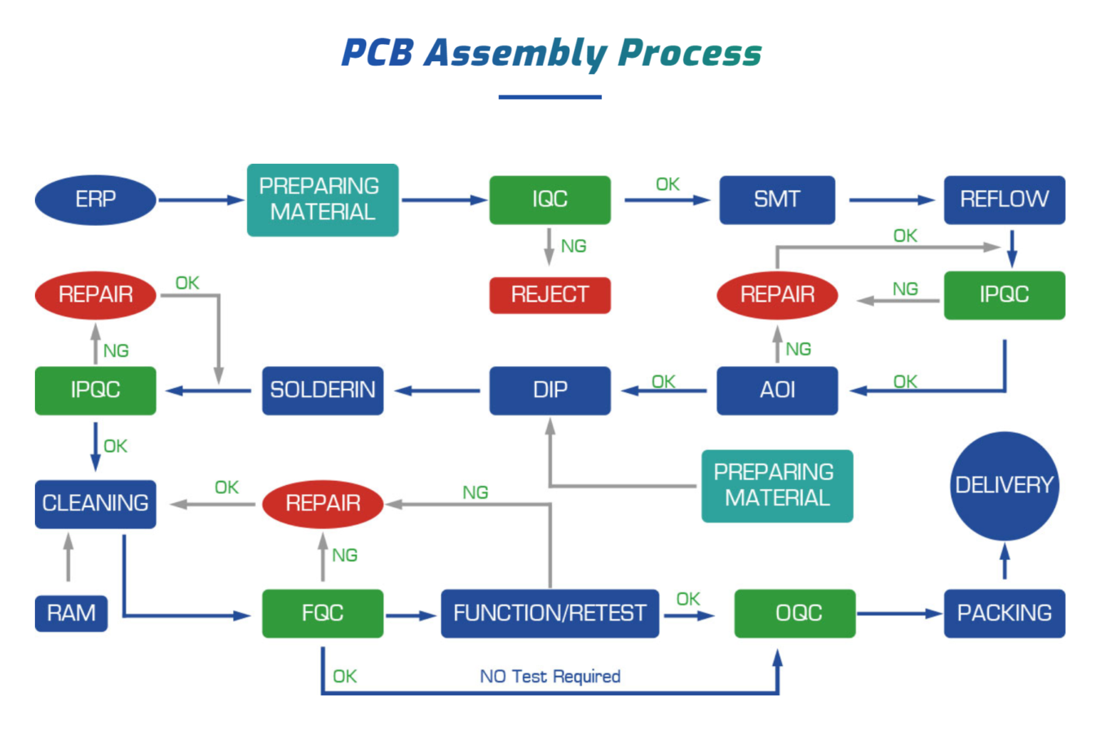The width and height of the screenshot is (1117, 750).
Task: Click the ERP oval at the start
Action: (x=95, y=200)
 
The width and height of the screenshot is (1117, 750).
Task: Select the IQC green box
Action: (x=550, y=200)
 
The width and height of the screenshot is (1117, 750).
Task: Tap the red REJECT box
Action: (x=550, y=294)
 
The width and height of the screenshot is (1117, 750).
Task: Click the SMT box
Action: (x=776, y=200)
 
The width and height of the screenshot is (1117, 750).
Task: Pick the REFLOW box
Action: (x=1004, y=200)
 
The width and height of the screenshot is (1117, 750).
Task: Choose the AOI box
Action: (x=776, y=390)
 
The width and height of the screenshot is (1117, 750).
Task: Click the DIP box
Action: (x=550, y=390)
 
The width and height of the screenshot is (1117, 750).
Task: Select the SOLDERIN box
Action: (x=322, y=390)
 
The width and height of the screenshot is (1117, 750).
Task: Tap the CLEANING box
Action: (x=95, y=504)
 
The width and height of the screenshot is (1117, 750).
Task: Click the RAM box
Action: (x=71, y=613)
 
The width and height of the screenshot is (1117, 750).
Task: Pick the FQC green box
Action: (x=322, y=613)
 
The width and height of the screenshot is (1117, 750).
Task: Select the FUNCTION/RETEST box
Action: (x=550, y=613)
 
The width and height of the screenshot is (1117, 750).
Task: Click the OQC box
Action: (x=795, y=613)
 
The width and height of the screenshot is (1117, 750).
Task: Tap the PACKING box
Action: (x=1004, y=613)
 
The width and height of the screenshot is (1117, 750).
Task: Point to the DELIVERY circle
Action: (x=1004, y=486)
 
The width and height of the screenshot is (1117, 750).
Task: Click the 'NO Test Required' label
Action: (x=550, y=677)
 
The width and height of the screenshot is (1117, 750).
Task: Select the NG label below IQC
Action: (x=573, y=246)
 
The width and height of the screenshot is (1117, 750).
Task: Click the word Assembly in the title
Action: (x=514, y=54)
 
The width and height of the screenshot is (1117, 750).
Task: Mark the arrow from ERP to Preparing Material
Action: (x=201, y=200)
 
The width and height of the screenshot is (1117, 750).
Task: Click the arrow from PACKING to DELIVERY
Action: (x=1004, y=561)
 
